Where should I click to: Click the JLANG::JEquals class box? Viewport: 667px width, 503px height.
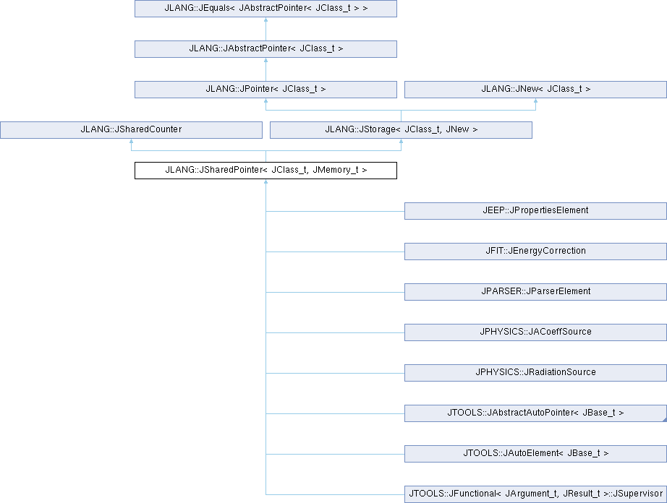pos(266,9)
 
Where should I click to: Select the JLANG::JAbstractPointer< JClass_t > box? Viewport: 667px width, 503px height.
pos(266,49)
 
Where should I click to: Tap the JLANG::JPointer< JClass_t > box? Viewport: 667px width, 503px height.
pos(266,89)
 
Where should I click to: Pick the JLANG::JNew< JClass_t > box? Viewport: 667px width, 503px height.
pos(535,89)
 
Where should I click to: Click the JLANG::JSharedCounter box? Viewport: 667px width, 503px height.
pos(131,130)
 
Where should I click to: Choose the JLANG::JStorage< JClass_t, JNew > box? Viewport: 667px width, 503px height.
pos(401,130)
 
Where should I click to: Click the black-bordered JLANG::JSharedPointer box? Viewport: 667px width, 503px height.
pos(266,171)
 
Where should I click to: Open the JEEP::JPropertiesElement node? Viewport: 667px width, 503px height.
pos(535,211)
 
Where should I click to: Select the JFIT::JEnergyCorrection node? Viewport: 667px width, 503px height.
pos(535,251)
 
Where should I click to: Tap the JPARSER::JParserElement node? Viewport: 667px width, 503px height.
pos(535,292)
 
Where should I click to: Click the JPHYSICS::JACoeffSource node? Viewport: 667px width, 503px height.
pos(535,332)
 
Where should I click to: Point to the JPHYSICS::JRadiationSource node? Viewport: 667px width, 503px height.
pos(535,373)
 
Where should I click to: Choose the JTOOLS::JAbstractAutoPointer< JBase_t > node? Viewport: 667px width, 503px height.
pos(535,413)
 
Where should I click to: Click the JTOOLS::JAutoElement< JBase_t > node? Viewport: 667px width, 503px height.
pos(535,454)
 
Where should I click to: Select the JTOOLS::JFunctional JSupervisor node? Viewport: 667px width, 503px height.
pos(535,494)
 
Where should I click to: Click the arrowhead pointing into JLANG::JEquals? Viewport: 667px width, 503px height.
pos(266,20)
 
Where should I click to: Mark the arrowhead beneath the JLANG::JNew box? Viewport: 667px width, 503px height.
pos(535,100)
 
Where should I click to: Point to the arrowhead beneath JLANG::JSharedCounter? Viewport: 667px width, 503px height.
pos(131,141)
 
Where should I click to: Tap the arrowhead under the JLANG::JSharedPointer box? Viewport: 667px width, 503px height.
pos(266,181)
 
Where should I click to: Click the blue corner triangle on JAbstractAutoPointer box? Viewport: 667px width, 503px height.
pos(664,420)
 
